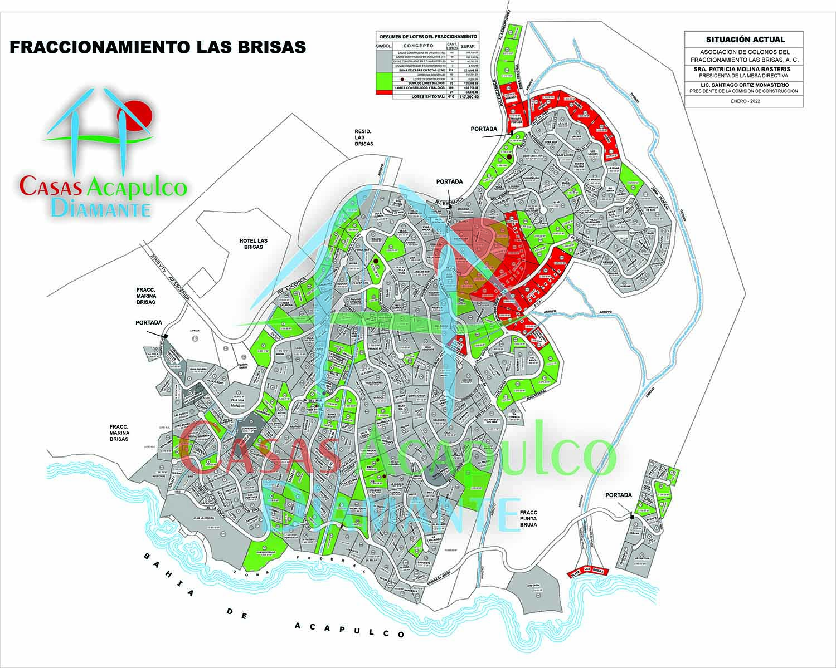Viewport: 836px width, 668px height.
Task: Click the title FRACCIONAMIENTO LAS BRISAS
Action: [158, 47]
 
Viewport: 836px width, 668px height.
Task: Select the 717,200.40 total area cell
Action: [472, 96]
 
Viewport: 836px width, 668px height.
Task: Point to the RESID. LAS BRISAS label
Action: [363, 137]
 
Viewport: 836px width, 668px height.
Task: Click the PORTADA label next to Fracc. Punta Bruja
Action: [618, 495]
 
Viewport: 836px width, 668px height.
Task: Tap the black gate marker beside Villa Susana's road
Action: [166, 336]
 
